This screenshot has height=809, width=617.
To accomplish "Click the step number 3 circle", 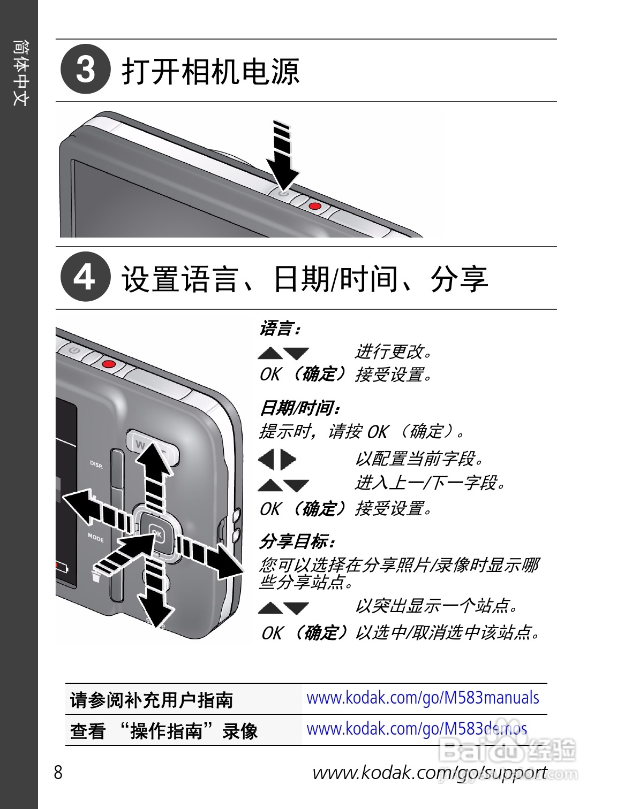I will (86, 70).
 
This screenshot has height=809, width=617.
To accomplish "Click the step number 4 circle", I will (86, 277).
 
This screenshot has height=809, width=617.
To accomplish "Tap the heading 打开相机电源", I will (210, 71).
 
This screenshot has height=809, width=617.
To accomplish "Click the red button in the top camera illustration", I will (315, 206).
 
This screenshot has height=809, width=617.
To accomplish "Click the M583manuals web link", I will (423, 698).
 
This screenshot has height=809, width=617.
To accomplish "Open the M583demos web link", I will (417, 729).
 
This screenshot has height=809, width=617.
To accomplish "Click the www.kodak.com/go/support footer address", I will (430, 773).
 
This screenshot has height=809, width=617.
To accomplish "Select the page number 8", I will (58, 773).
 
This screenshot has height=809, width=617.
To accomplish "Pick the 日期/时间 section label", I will (299, 408).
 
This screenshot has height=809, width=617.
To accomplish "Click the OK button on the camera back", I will (156, 533).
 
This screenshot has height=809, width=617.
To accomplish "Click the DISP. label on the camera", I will (96, 464).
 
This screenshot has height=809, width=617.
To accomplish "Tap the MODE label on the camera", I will (96, 537).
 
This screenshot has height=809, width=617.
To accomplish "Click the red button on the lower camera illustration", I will (109, 364).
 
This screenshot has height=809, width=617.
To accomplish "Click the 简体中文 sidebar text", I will (20, 73).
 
